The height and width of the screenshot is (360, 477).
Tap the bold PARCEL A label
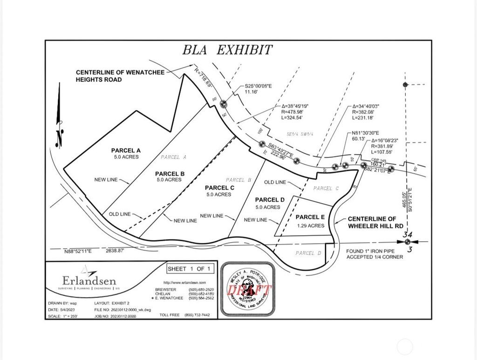click(126, 150)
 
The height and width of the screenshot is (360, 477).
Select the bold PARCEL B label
click(170, 174)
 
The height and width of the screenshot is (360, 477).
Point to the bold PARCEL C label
click(219, 188)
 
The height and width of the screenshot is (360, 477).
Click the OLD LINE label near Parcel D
click(275, 182)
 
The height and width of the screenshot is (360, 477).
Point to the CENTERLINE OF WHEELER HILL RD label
click(372, 223)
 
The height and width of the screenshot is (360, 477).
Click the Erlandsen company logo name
click(89, 281)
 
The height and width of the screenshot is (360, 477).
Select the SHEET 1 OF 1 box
click(189, 269)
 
